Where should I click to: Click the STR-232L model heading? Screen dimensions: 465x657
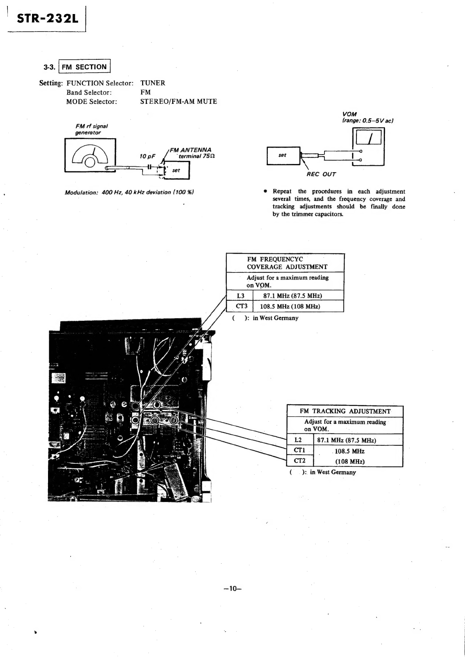point(48,19)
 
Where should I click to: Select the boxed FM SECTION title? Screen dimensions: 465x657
point(84,66)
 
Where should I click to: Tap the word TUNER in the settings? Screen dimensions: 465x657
point(153,83)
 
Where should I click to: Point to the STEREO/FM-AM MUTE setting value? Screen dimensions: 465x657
point(178,101)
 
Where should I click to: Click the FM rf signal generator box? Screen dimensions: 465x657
point(90,155)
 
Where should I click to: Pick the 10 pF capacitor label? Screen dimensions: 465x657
point(147,156)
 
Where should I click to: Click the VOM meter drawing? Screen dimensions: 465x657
point(368,147)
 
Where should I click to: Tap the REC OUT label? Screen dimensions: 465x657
point(321,174)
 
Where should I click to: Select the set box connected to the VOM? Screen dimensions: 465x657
point(283,155)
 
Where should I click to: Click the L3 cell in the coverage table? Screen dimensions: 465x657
point(240,296)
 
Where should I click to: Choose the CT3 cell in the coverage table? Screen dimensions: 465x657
point(240,306)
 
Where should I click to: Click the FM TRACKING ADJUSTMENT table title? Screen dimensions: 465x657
point(345,411)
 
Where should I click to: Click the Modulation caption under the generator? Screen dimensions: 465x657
point(129,192)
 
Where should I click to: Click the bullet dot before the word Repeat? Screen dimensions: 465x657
point(265,191)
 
